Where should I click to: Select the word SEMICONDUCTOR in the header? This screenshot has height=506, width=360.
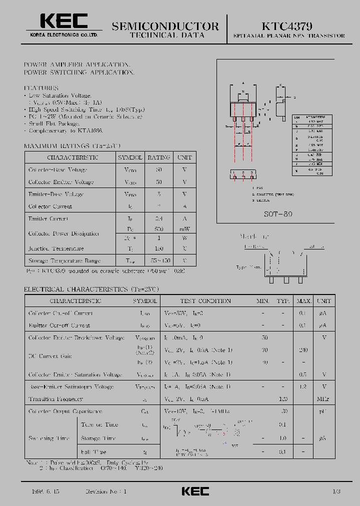pyautogui.click(x=165, y=26)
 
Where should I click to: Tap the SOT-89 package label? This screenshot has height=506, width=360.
pyautogui.click(x=278, y=213)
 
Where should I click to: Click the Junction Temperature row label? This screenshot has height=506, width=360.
pyautogui.click(x=56, y=248)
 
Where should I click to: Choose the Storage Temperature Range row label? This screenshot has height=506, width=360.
pyautogui.click(x=64, y=260)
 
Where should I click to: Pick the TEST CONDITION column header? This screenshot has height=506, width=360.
pyautogui.click(x=206, y=301)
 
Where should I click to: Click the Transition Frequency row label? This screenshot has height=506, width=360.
pyautogui.click(x=55, y=399)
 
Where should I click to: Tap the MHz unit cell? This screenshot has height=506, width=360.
pyautogui.click(x=324, y=399)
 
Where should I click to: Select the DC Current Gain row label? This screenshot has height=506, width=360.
pyautogui.click(x=50, y=356)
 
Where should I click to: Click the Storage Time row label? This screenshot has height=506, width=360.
pyautogui.click(x=99, y=438)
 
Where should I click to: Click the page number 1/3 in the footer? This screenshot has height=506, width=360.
pyautogui.click(x=335, y=492)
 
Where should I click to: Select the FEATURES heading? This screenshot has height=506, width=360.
pyautogui.click(x=41, y=88)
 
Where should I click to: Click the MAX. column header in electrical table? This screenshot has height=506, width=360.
pyautogui.click(x=303, y=301)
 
